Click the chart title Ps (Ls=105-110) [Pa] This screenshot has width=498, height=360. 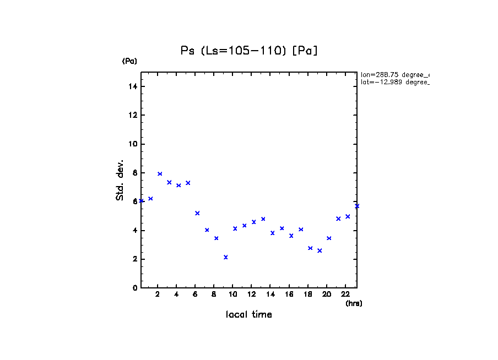[x=250, y=51]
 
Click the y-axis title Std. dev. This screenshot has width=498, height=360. [x=120, y=180]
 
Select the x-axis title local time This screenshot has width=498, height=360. [x=249, y=315]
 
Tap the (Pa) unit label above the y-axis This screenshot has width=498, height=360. [x=129, y=61]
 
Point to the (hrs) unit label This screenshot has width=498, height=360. [x=354, y=303]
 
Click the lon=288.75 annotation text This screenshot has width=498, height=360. [x=394, y=74]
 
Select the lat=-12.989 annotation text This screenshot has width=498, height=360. [x=394, y=82]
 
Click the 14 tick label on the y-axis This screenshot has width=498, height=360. [x=132, y=87]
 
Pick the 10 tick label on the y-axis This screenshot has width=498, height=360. [x=132, y=144]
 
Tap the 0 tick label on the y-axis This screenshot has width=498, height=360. [x=134, y=288]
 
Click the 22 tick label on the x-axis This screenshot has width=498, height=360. [x=345, y=294]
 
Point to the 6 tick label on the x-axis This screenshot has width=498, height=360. [x=195, y=294]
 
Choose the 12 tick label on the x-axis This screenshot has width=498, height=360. [x=251, y=294]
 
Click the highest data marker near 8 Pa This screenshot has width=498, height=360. [x=160, y=174]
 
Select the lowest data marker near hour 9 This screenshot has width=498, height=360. [x=226, y=257]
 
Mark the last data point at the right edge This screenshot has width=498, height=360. [x=357, y=206]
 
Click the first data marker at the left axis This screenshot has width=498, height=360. [x=142, y=201]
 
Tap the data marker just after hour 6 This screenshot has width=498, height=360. [x=197, y=213]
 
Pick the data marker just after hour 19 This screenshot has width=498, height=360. [x=320, y=250]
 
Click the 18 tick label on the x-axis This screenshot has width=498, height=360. [x=308, y=294]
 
